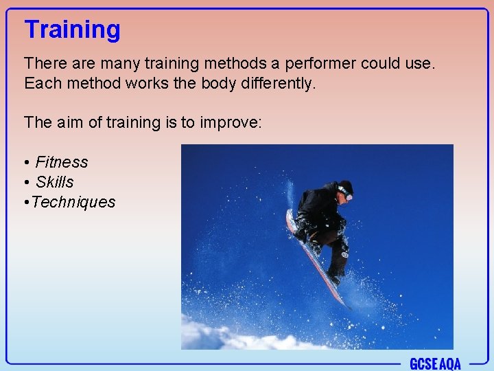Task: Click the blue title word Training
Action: [x=72, y=30]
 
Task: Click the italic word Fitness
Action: [x=62, y=162]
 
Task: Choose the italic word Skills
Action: [x=54, y=182]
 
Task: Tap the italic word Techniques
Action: [x=73, y=202]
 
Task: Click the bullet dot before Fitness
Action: [x=26, y=163]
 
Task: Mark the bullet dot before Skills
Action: [x=26, y=183]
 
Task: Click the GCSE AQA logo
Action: [x=435, y=363]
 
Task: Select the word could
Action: [x=385, y=64]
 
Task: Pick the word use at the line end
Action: [x=423, y=65]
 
